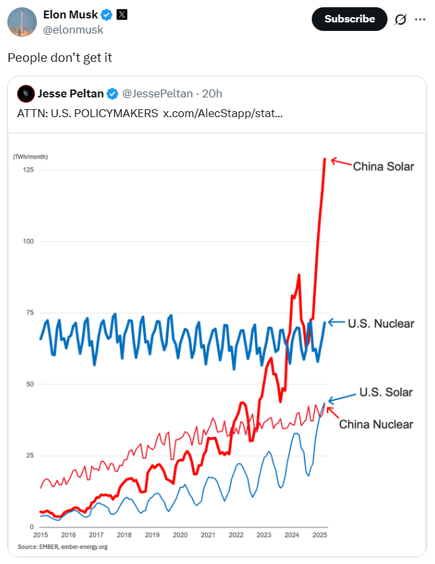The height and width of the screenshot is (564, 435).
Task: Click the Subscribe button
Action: point(349,19)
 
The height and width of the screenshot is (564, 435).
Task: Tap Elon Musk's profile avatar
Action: point(22,22)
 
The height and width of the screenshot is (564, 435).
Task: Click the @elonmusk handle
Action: point(72,30)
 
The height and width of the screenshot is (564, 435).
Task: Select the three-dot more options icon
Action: point(420,19)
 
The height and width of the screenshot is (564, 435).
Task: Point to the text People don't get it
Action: point(60,58)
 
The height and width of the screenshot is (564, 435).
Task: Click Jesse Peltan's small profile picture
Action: point(26,93)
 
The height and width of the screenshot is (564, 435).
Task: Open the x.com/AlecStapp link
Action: point(223,113)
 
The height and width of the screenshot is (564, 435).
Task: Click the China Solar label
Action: point(384,167)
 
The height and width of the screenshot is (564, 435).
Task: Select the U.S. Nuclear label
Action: point(381,323)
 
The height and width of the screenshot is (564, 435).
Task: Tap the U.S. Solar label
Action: point(386,392)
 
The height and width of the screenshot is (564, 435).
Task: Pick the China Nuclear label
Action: point(376,424)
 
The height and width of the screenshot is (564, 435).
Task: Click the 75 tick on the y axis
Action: point(28,313)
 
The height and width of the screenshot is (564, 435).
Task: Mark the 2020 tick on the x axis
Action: point(180,535)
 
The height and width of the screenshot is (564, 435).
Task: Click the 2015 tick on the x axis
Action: point(41,535)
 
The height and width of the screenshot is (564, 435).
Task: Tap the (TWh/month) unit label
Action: point(30,156)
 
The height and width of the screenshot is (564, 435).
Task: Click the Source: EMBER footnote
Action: point(62,546)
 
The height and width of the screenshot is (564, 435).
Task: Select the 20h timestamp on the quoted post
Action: point(212,93)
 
